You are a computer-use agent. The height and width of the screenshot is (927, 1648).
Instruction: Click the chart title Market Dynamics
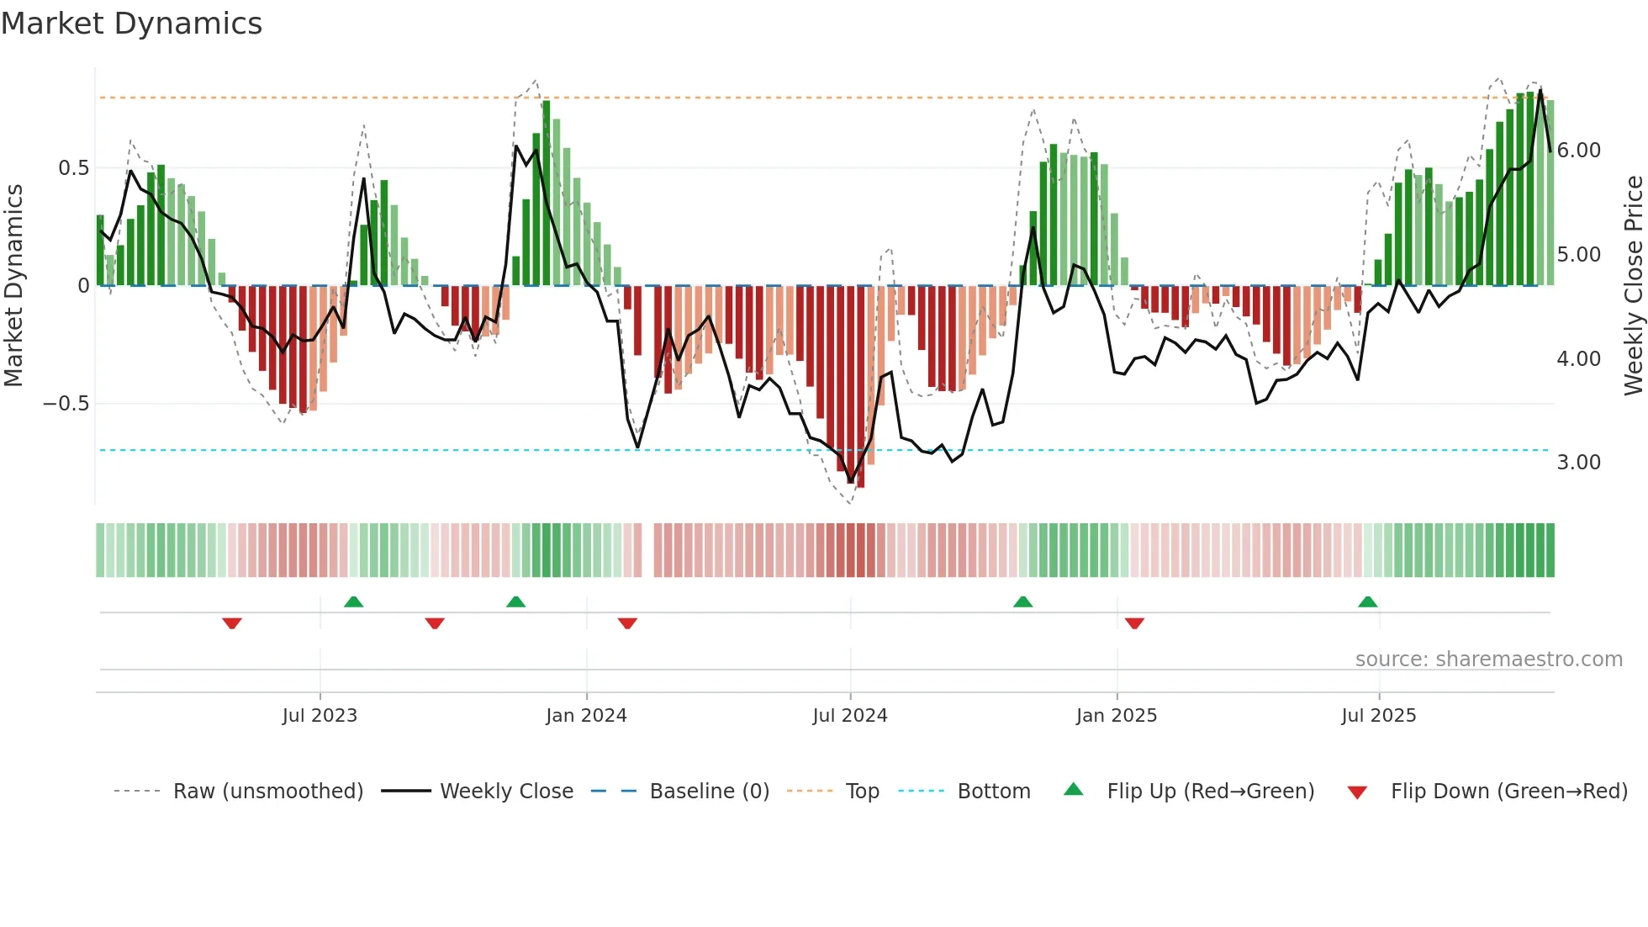click(131, 24)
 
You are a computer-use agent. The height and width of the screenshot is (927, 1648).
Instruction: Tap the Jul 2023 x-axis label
click(320, 716)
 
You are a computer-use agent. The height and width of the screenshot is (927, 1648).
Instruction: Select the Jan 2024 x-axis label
click(586, 716)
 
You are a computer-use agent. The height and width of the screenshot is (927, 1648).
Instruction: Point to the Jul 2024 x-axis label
click(850, 716)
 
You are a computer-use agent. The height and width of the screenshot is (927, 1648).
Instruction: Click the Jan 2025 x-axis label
click(1117, 716)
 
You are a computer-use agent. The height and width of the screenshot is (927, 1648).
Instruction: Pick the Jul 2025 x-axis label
click(1379, 716)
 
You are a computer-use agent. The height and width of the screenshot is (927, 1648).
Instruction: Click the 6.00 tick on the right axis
click(1579, 151)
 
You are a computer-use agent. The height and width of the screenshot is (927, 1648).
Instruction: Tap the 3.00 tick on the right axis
click(1579, 463)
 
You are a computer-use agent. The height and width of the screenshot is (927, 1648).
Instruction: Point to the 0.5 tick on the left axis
click(74, 168)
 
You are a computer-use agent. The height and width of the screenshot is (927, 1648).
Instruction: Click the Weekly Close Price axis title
click(1633, 285)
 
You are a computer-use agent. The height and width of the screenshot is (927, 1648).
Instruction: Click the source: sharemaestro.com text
click(1488, 659)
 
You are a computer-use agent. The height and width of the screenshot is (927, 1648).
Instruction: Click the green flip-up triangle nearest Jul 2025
click(1368, 602)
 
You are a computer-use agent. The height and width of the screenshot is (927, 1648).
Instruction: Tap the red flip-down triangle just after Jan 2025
click(1134, 623)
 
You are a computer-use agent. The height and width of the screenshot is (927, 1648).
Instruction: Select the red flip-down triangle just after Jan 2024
click(627, 623)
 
